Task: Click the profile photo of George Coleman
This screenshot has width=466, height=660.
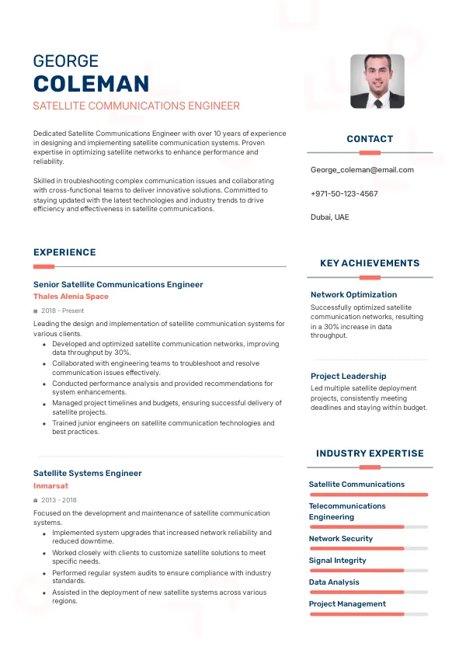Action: point(377,81)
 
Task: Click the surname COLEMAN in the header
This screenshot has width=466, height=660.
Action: point(91,84)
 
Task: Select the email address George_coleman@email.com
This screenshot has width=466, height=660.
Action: point(362,170)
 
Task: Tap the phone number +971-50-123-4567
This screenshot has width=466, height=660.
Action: point(344,193)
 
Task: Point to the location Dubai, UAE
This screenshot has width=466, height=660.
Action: point(330,217)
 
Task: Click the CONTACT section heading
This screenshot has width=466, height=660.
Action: point(370,139)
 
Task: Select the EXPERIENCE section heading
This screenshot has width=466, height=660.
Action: point(64,252)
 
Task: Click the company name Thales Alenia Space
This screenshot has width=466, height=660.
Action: point(71,297)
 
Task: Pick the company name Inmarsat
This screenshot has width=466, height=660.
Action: point(50,485)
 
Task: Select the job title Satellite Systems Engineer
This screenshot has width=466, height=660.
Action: point(88,473)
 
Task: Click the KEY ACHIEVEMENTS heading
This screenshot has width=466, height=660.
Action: point(370,263)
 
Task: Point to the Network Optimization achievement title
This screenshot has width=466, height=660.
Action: point(353,294)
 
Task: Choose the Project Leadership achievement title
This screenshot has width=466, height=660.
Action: point(348,376)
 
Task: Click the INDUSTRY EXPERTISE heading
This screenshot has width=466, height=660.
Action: point(370,453)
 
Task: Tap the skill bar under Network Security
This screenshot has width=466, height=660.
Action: point(369,548)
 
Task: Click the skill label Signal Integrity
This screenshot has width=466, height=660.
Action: point(337,560)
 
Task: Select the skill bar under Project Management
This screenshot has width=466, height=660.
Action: point(369,613)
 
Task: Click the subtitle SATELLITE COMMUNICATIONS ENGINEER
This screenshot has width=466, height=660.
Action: point(137,106)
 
